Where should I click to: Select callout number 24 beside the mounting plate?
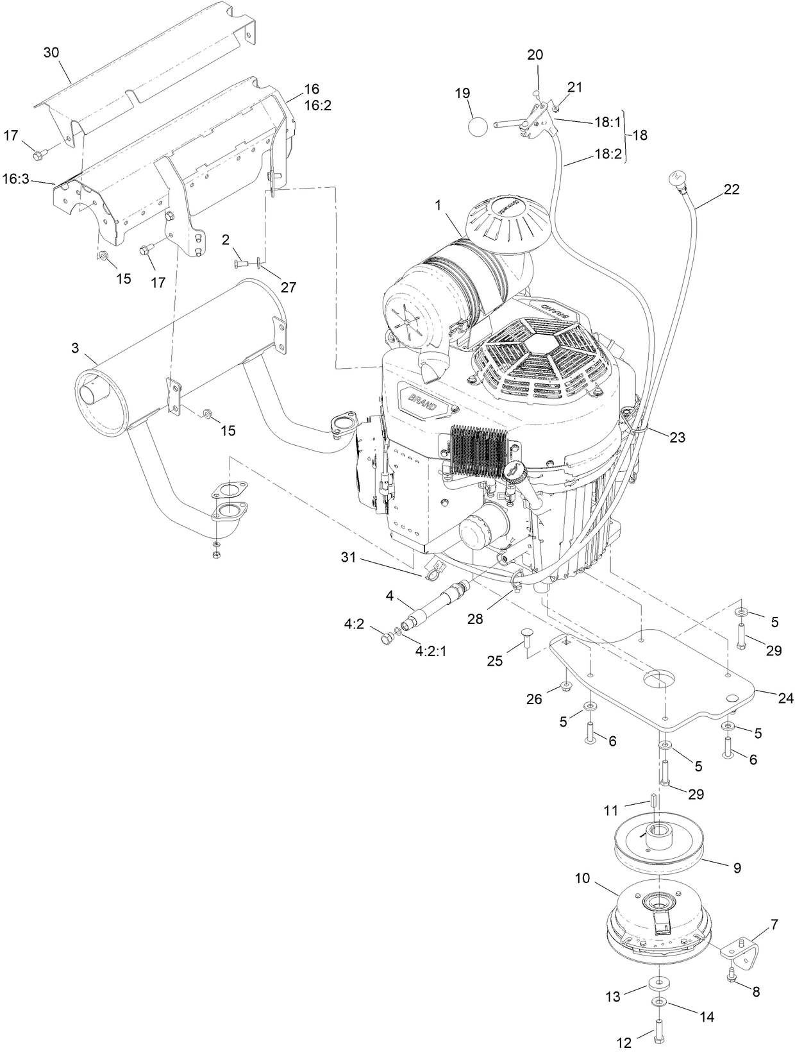point(785,698)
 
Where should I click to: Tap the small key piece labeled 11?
point(652,802)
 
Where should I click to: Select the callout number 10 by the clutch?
point(583,878)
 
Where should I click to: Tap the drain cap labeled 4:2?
point(386,638)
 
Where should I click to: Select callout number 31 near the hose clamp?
point(347,558)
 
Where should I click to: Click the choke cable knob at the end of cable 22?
point(677,176)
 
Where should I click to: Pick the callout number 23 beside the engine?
point(677,437)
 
